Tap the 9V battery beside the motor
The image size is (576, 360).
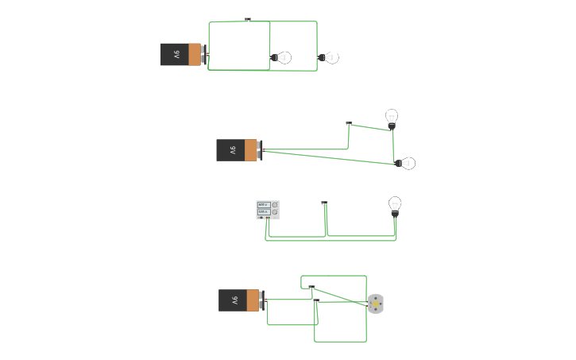tap(240, 300)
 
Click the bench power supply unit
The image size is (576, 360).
tap(268, 209)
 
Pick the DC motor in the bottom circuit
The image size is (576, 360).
tap(376, 304)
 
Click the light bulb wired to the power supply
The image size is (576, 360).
tap(395, 205)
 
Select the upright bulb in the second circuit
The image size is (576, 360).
tap(392, 118)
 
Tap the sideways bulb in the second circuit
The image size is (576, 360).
tap(406, 163)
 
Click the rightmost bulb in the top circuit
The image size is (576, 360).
tap(330, 57)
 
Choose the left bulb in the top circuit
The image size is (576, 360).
tap(282, 57)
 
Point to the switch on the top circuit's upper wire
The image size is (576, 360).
tap(248, 20)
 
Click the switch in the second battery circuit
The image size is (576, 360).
tap(349, 123)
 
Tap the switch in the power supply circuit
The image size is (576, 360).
tap(324, 203)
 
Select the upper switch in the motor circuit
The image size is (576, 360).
tap(311, 287)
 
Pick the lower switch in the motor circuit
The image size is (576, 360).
tap(316, 301)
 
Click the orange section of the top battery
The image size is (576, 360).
tap(195, 55)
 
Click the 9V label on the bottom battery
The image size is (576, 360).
tap(234, 300)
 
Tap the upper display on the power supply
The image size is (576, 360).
tap(263, 205)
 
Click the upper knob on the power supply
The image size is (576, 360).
tap(275, 205)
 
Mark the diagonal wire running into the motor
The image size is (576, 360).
tap(342, 296)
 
